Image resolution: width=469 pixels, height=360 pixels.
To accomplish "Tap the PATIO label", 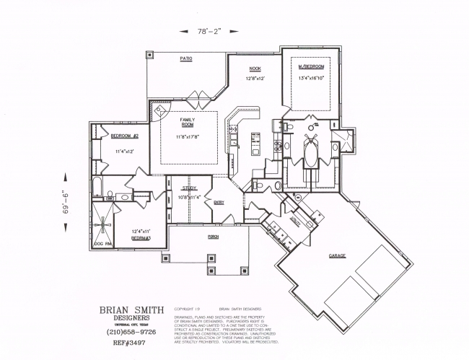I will pyautogui.click(x=185, y=59).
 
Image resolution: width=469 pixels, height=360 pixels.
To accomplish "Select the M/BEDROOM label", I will pyautogui.click(x=312, y=66).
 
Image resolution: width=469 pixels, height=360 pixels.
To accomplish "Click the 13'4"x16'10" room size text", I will pyautogui.click(x=312, y=78).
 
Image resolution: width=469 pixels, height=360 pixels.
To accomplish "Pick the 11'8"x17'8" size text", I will pyautogui.click(x=187, y=136).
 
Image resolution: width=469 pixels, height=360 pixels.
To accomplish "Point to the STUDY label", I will pyautogui.click(x=189, y=188).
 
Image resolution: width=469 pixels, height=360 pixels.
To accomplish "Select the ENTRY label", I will pyautogui.click(x=219, y=202).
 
